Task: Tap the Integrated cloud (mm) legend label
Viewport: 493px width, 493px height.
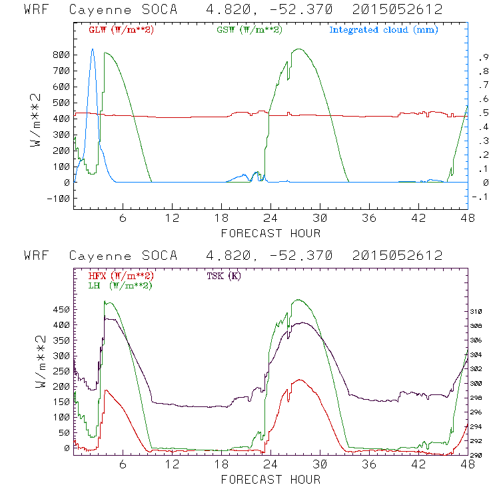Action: (x=384, y=30)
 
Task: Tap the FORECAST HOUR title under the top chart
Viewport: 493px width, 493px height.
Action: (x=270, y=233)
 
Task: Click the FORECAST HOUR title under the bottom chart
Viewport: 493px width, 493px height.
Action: (x=270, y=479)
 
